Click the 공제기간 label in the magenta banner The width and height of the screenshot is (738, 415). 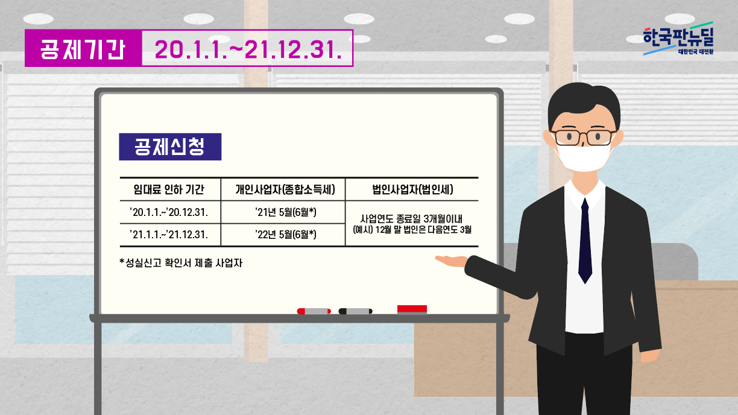tap(83, 49)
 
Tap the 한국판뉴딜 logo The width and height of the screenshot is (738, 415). tap(678, 39)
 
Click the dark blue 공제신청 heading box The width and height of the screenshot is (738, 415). tap(170, 147)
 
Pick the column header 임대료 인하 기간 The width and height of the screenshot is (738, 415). tap(169, 189)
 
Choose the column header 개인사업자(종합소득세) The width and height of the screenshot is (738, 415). tap(285, 189)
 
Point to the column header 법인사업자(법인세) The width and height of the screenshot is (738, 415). tap(412, 189)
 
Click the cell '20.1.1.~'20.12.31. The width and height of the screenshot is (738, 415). tap(169, 212)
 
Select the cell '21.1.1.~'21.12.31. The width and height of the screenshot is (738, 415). tap(169, 235)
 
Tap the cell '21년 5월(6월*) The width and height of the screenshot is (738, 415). tap(286, 212)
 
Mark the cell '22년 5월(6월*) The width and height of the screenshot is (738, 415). tap(286, 235)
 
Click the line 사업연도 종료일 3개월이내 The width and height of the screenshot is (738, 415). tap(411, 218)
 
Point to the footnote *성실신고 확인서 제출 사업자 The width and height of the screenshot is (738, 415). tap(181, 263)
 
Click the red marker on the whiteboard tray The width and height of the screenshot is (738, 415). tap(314, 311)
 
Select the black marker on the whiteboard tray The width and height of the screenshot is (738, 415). tap(356, 311)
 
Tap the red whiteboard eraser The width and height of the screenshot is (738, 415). tap(412, 309)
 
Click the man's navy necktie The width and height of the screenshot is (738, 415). tap(585, 241)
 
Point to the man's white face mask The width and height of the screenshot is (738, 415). tap(584, 157)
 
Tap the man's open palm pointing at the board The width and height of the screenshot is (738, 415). tap(452, 261)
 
